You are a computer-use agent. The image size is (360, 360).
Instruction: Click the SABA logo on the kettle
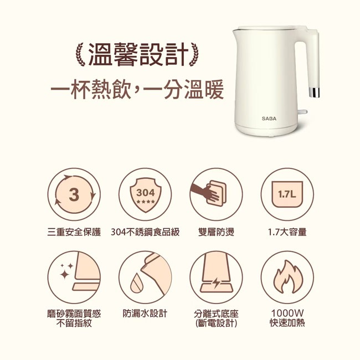click(269, 119)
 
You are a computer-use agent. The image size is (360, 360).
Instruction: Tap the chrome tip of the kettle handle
click(313, 92)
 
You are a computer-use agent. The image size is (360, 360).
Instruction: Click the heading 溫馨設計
click(137, 54)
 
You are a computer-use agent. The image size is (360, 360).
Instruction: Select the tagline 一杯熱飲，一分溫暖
click(137, 89)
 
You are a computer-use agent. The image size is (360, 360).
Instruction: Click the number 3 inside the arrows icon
click(74, 195)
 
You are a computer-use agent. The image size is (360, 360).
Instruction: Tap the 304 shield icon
click(146, 195)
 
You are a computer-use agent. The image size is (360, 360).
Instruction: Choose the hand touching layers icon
click(209, 193)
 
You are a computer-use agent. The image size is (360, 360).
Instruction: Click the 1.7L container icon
click(287, 194)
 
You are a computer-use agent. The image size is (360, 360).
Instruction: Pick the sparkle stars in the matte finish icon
click(66, 271)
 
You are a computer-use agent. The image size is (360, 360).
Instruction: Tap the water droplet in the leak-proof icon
click(136, 283)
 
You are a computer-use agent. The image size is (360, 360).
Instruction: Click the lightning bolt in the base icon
click(216, 283)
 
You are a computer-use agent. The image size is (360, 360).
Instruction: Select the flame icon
click(287, 277)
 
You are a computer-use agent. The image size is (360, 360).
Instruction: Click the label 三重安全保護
click(74, 232)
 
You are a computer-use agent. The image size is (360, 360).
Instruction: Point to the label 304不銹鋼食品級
click(145, 232)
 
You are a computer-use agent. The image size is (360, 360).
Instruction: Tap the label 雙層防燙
click(216, 232)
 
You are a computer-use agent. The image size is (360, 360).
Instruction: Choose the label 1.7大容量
click(287, 232)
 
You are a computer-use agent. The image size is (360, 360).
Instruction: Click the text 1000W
click(287, 313)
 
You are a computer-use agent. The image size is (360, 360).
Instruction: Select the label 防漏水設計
click(145, 313)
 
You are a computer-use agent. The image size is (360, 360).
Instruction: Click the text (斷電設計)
click(216, 323)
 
